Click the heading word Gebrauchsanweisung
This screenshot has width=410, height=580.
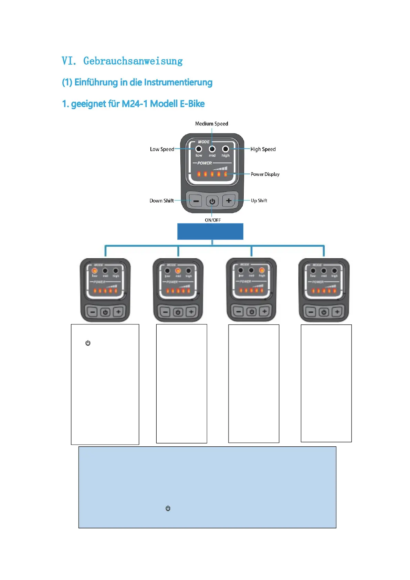pos(133,61)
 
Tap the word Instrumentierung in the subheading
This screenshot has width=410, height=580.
pos(178,82)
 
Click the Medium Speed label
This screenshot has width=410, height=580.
pos(211,124)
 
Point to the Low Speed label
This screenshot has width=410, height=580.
pos(162,149)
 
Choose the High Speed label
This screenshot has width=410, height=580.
pos(263,149)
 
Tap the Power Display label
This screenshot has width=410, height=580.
pos(265,174)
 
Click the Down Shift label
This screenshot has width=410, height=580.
pos(161,201)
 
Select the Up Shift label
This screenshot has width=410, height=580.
pos(259,200)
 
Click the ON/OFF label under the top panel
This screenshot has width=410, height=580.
pos(213,220)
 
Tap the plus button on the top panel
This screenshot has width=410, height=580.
pos(229,200)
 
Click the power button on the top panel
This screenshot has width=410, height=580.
pos(212,201)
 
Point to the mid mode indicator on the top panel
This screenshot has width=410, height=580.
pos(212,149)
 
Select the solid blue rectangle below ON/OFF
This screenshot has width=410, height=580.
pos(210,231)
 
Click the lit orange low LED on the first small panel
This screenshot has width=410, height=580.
pos(94,271)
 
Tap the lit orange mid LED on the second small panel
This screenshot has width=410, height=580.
pos(178,271)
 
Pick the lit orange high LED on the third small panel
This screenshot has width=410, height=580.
pos(262,270)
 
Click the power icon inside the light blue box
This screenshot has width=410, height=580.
pos(168,508)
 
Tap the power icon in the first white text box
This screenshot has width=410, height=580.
pos(88,343)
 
